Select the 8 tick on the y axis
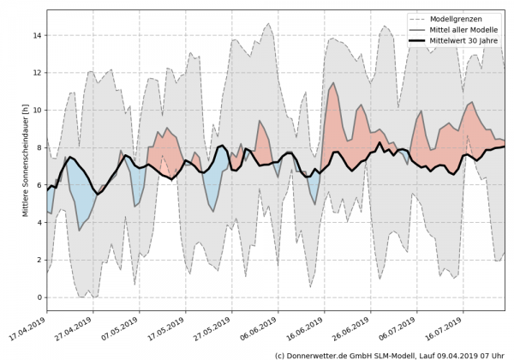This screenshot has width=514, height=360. click(39, 147)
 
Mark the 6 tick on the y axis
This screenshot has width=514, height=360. click(39, 185)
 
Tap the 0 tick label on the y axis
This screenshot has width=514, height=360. click(39, 297)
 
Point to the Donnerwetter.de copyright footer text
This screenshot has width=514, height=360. click(391, 354)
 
